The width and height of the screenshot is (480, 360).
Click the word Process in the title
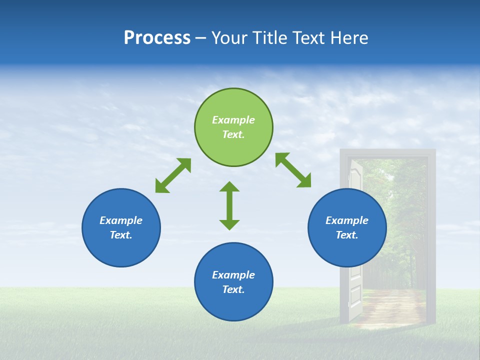(x=157, y=38)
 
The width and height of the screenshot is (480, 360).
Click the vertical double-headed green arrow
(x=229, y=205)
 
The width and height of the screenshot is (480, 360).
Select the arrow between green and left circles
(x=173, y=175)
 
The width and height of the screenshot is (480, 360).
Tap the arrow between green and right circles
(x=293, y=170)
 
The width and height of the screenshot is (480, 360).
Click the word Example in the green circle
(x=233, y=120)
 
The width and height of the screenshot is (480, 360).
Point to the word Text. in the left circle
(x=121, y=235)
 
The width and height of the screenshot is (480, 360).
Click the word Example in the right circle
(x=347, y=220)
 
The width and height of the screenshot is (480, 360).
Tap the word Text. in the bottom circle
(x=233, y=289)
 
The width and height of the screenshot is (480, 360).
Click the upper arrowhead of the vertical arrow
(x=229, y=187)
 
